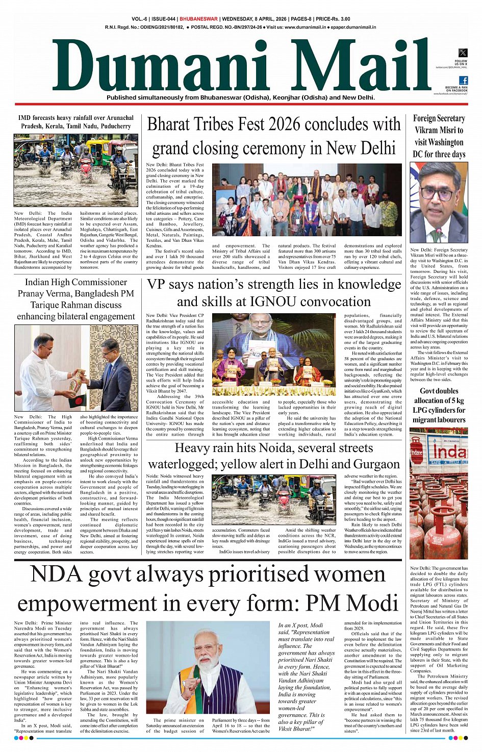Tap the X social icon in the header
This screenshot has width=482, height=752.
coord(463,53)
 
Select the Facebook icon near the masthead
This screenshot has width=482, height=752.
coord(464,80)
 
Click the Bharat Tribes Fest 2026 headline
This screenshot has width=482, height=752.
coord(274,136)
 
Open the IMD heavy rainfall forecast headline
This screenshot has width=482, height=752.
coord(76,121)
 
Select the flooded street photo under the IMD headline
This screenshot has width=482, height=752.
coord(76,170)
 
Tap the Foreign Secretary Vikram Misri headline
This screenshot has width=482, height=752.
coord(439,136)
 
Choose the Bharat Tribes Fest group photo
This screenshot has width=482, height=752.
coord(307,200)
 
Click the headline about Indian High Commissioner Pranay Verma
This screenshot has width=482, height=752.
coord(76,299)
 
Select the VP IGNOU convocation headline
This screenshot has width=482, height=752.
coord(274,293)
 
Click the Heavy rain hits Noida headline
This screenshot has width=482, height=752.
coord(274,456)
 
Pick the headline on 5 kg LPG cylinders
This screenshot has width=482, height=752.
coord(439,405)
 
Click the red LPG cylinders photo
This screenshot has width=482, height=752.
coord(439,494)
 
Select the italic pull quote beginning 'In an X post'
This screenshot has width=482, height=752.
coord(307,676)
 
